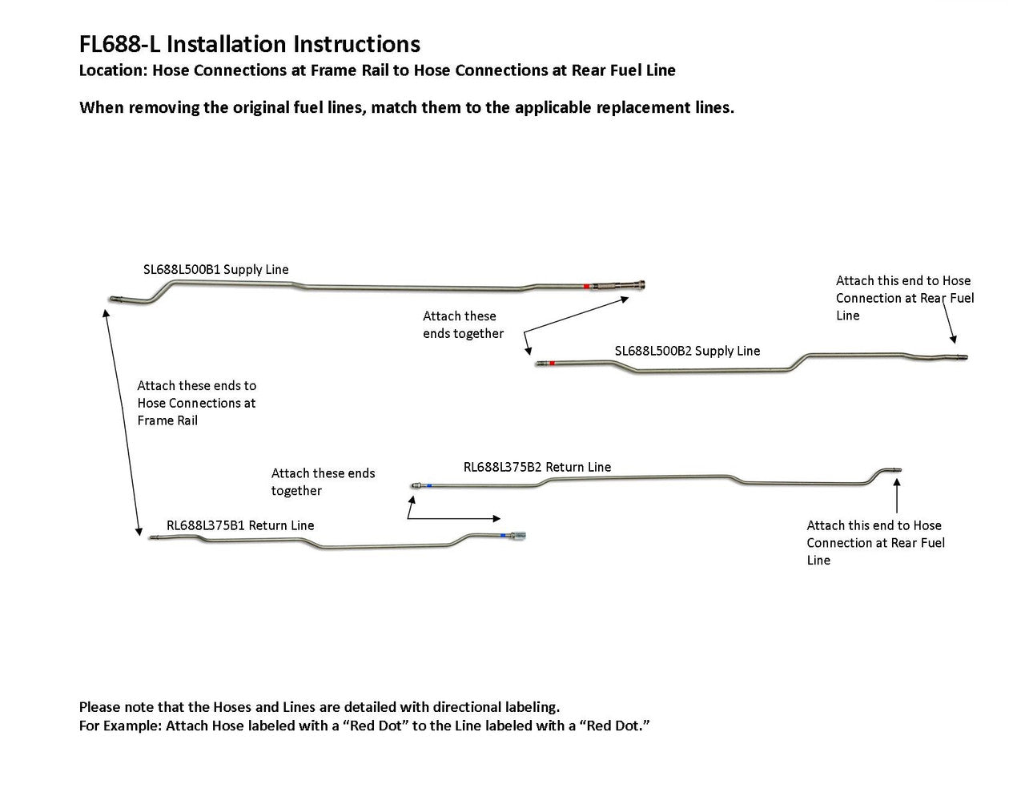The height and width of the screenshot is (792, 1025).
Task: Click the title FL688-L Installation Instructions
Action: (x=249, y=44)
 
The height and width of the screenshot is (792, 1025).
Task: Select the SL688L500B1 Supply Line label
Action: (x=215, y=270)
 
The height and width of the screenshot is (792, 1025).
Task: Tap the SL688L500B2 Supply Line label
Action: (x=687, y=351)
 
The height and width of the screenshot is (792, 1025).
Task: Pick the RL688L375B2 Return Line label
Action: (x=537, y=467)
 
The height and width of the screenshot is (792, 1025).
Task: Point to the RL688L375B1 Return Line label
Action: (x=239, y=525)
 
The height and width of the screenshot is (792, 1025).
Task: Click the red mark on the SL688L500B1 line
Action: (x=586, y=286)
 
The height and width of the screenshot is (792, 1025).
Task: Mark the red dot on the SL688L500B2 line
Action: (x=552, y=364)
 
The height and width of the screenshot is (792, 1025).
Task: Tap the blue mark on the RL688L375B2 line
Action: (x=430, y=484)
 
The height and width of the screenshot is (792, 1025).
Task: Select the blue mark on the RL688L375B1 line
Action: (x=501, y=535)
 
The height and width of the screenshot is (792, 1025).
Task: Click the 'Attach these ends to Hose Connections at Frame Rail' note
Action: (x=196, y=403)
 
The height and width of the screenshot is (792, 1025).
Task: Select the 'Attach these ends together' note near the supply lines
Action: (x=463, y=325)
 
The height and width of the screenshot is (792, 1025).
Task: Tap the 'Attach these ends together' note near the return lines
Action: (x=323, y=482)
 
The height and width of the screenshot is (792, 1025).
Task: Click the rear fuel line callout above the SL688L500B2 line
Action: (x=904, y=298)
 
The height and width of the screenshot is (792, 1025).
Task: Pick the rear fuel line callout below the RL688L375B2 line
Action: (x=875, y=543)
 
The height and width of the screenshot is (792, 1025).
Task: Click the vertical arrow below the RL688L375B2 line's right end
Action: (x=897, y=497)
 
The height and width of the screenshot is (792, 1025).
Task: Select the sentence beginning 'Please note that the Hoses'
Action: (x=319, y=707)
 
